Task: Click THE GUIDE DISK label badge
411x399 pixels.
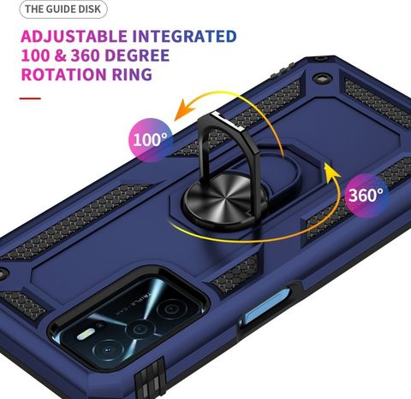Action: point(63,9)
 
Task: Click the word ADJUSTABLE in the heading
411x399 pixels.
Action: point(74,37)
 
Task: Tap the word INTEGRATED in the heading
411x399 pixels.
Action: point(184,37)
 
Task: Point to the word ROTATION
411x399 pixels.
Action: point(64,74)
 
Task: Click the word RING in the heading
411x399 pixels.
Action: point(132,74)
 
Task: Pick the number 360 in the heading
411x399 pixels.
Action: point(85,56)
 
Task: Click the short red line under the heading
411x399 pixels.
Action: point(30,98)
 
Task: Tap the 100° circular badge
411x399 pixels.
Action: point(151,140)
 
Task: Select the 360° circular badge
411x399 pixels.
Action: point(366,196)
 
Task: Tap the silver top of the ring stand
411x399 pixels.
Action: point(228,120)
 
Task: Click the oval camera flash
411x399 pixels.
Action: point(86,334)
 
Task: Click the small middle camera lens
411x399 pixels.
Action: point(140,330)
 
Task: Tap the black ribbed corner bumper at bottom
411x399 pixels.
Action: point(151,378)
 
